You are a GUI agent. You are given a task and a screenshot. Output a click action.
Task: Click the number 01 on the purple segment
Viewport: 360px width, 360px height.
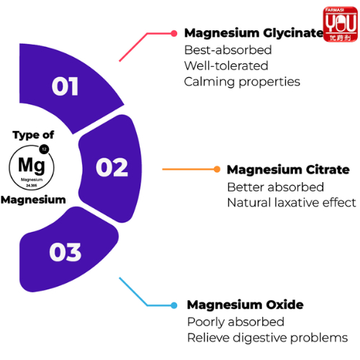tap(65, 86)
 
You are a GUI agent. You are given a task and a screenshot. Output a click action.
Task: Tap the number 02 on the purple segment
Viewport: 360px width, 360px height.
tap(112, 167)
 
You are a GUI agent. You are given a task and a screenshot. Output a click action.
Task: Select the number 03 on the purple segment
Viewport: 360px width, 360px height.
tap(66, 252)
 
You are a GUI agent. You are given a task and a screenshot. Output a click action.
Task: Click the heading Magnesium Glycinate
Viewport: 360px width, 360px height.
tap(254, 33)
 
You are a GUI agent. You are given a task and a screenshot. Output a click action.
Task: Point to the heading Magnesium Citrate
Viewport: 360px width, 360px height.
tap(288, 170)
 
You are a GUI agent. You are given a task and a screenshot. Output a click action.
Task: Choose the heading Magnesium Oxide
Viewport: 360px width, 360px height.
tap(246, 305)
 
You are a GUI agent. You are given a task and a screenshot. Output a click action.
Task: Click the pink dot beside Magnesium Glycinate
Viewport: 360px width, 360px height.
tap(174, 33)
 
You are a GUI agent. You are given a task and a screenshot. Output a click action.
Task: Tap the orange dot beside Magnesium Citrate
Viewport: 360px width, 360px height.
tap(217, 169)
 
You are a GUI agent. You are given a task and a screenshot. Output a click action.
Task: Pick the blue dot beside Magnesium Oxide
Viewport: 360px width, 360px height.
tap(174, 305)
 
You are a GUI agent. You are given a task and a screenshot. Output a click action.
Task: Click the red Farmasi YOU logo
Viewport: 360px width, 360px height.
tap(341, 24)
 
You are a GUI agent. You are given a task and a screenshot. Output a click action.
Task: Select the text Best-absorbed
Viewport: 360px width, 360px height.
tap(228, 50)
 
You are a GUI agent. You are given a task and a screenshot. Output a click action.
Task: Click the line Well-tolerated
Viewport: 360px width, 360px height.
tap(226, 66)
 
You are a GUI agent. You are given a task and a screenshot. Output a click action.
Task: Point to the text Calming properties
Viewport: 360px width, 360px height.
tap(242, 82)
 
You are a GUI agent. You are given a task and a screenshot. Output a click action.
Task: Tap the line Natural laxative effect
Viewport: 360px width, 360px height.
tap(292, 202)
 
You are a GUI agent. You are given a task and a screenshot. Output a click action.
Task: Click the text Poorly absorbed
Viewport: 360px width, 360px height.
tap(235, 322)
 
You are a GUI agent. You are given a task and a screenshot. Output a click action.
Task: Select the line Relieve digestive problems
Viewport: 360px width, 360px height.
tap(267, 338)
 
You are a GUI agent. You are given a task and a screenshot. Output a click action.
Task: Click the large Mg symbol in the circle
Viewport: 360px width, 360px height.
tap(32, 166)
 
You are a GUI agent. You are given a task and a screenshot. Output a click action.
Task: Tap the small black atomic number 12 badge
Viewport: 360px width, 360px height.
tap(44, 149)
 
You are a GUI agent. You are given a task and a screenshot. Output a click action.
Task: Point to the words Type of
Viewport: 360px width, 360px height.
tap(33, 135)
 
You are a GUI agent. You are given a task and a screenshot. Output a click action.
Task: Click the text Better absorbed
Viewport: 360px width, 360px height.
tap(276, 187)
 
